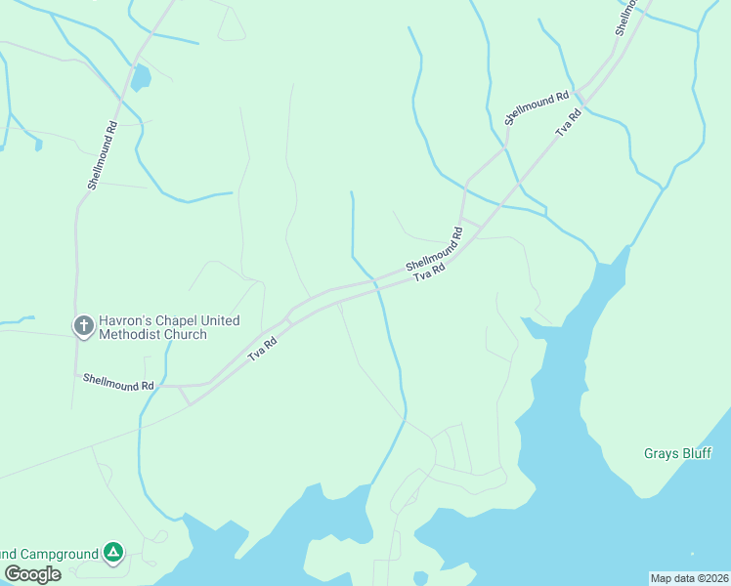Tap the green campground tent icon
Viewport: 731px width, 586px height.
114,554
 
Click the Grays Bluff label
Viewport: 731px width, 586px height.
676,453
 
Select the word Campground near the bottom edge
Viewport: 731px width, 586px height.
54,554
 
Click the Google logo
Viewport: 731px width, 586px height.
32,573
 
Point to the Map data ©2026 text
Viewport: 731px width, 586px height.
689,578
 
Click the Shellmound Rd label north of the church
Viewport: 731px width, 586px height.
102,154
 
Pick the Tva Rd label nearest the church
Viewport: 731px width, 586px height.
262,349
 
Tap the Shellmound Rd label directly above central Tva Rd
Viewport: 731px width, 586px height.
434,251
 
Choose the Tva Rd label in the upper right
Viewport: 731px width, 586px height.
568,122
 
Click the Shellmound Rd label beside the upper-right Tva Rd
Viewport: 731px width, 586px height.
537,108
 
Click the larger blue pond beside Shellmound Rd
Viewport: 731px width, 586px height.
142,76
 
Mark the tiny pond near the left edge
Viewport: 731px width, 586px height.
38,145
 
